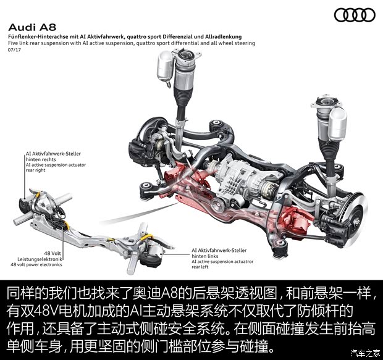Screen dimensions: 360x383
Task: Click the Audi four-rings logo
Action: tap(354, 15)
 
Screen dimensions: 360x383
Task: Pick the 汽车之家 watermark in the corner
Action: tap(364, 353)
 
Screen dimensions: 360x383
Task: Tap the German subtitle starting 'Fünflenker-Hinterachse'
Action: tap(124, 37)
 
